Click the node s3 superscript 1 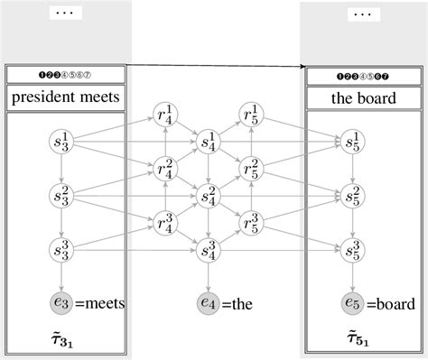(62, 142)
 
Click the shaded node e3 (62, 304)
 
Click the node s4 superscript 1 (209, 142)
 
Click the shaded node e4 (209, 304)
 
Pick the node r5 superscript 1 (252, 116)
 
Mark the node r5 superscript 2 (252, 168)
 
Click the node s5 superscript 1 (354, 142)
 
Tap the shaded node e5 (354, 304)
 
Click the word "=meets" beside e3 (100, 305)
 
